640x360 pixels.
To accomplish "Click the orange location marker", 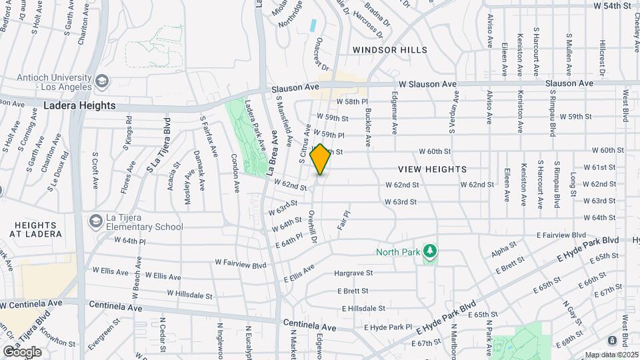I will (320, 159).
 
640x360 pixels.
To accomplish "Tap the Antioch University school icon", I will (101, 81).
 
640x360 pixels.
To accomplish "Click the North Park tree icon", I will (431, 251).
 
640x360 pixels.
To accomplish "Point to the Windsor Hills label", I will (389, 50).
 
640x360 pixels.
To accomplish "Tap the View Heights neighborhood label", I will (433, 169).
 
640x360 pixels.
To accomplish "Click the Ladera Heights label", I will (79, 105).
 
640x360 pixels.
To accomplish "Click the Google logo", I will (22, 351).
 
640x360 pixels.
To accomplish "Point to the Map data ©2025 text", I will (610, 355).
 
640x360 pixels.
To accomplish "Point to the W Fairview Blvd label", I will (240, 265).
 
